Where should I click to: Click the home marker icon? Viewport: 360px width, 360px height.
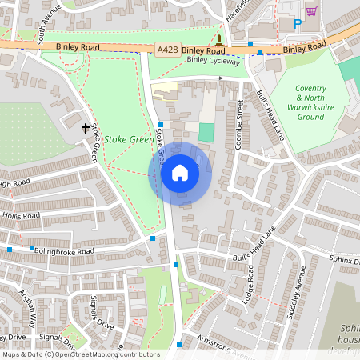point(180,173)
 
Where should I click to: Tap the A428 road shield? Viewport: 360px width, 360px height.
point(167,49)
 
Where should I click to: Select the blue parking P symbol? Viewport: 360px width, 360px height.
point(298,25)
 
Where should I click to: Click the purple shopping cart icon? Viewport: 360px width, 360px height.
point(311,11)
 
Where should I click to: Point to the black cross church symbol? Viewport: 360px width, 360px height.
point(85,128)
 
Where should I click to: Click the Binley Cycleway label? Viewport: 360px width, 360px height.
point(212,60)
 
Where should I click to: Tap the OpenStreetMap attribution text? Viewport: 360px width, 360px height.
point(80,354)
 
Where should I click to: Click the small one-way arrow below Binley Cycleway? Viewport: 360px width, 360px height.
point(219,78)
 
